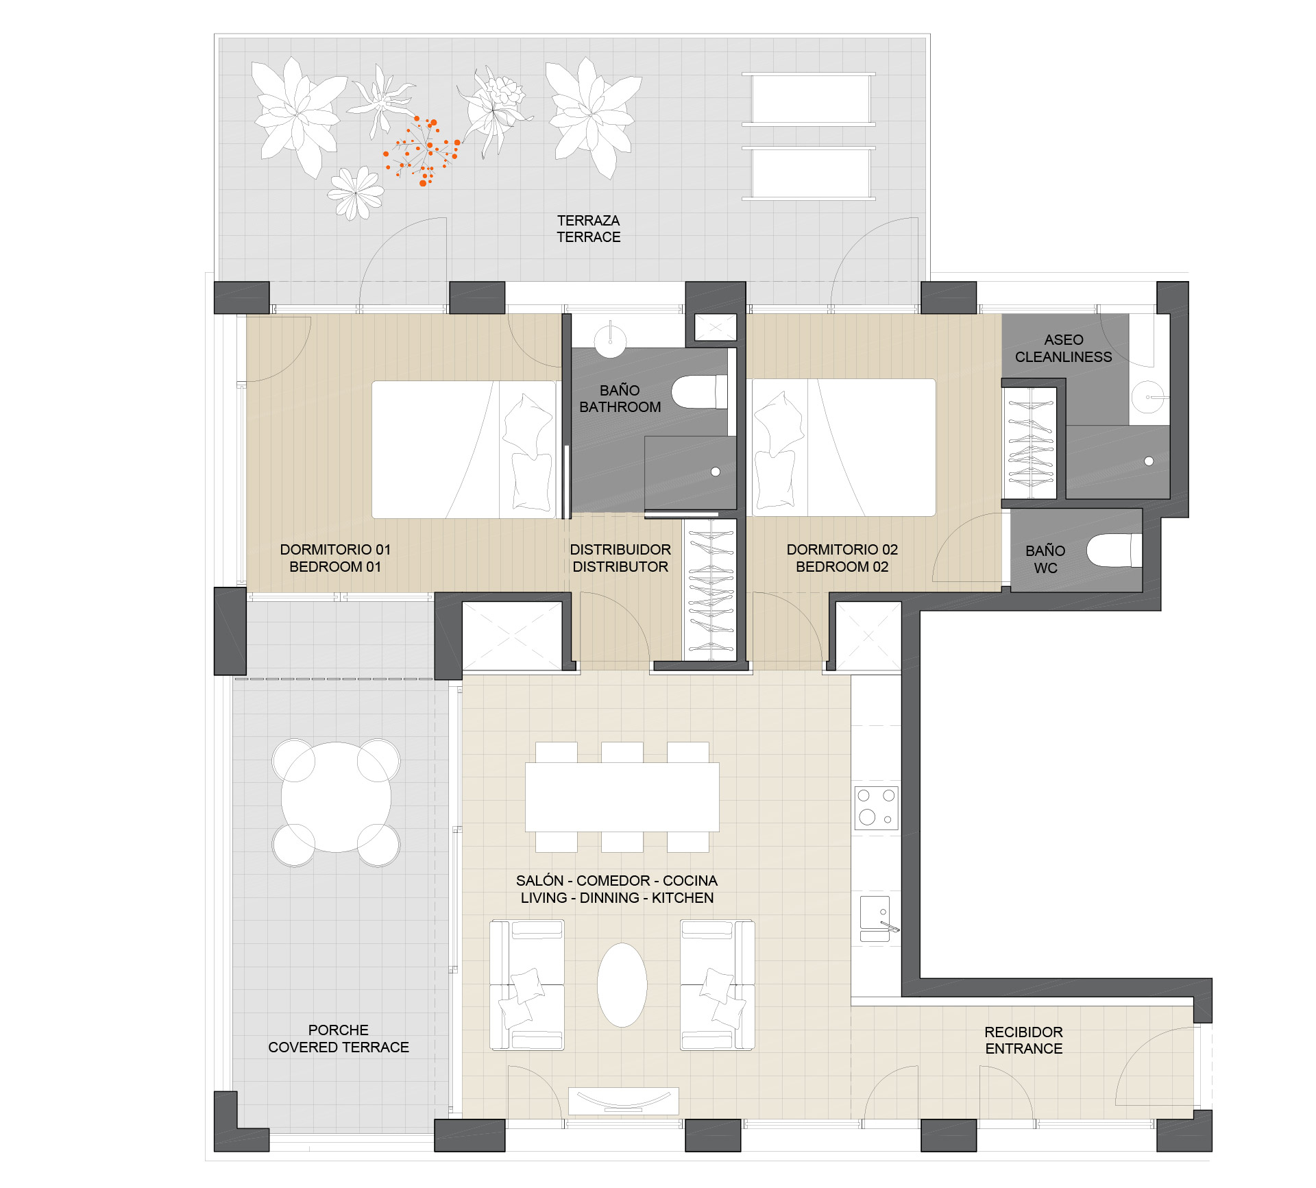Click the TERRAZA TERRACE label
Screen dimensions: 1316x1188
click(x=588, y=229)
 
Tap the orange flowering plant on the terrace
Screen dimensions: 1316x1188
click(x=422, y=151)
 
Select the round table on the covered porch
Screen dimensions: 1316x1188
click(x=336, y=797)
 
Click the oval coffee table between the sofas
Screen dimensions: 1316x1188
click(x=622, y=985)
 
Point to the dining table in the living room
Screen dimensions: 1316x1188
click(x=622, y=797)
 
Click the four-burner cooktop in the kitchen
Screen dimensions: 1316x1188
click(x=877, y=808)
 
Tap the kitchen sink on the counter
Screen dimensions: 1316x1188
click(x=877, y=919)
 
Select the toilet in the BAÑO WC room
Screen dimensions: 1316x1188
click(x=1114, y=550)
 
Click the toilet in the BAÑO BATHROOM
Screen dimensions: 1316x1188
click(x=699, y=391)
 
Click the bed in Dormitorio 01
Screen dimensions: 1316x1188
click(x=463, y=450)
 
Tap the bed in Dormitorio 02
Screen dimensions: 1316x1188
click(x=844, y=448)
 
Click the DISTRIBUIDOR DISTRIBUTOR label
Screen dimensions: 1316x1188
click(x=620, y=558)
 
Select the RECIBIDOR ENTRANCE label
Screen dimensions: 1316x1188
click(x=1023, y=1040)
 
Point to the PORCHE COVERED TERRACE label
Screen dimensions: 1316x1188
click(x=339, y=1039)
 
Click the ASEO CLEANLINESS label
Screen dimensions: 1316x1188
click(x=1063, y=348)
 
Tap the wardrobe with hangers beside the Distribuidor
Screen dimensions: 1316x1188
click(x=710, y=590)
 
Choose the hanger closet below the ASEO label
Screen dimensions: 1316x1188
click(x=1029, y=443)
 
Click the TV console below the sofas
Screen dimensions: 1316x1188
click(x=624, y=1101)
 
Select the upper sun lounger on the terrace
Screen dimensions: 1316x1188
click(x=809, y=99)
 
